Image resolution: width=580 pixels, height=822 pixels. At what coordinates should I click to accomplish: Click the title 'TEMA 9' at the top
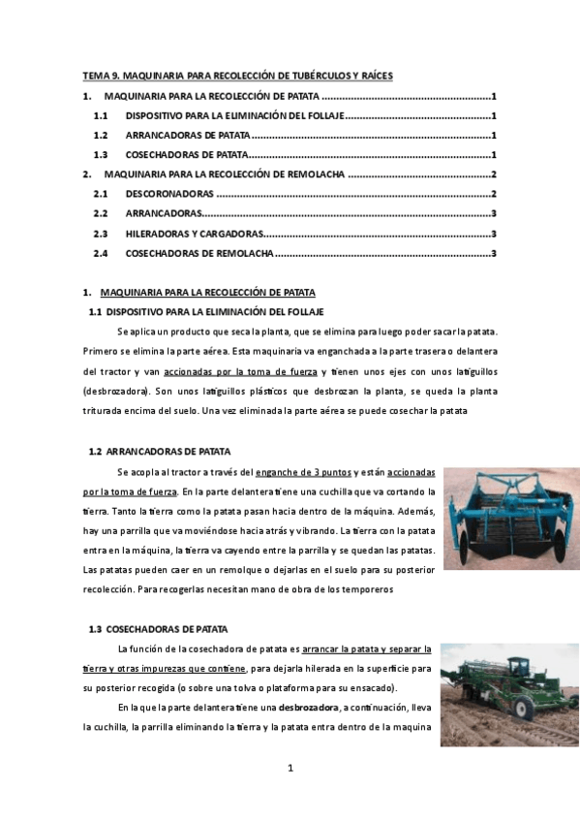click(102, 75)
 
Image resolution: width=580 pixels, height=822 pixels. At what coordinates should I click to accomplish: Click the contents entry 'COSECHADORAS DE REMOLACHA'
click(199, 253)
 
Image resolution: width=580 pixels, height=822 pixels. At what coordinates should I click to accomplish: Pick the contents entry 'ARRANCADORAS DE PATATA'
click(187, 135)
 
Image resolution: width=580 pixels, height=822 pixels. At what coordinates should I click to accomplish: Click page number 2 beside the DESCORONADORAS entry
click(494, 194)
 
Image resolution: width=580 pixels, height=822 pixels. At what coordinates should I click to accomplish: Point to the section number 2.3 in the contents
click(100, 234)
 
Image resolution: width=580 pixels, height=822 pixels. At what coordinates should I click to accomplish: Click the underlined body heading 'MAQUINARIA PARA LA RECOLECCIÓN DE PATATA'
click(207, 292)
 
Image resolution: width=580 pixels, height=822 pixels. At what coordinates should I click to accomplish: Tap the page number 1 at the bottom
click(290, 769)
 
